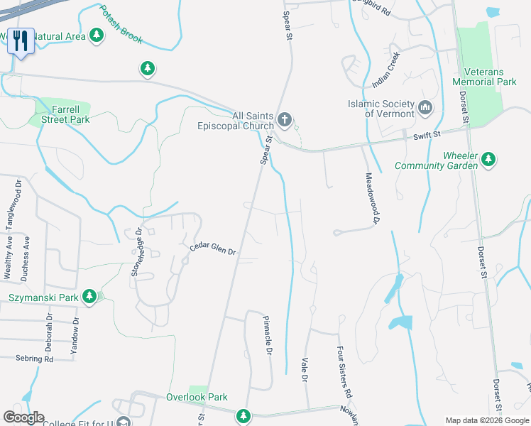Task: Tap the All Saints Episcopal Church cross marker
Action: click(x=285, y=119)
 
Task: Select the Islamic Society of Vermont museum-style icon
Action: click(x=426, y=108)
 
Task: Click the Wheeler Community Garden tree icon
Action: click(x=488, y=160)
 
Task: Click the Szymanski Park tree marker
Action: click(x=89, y=296)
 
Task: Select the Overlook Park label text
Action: click(x=197, y=397)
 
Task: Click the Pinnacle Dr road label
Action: click(x=268, y=337)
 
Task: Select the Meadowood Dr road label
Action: click(x=370, y=198)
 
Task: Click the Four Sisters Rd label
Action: click(x=344, y=371)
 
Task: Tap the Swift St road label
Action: click(x=428, y=133)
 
